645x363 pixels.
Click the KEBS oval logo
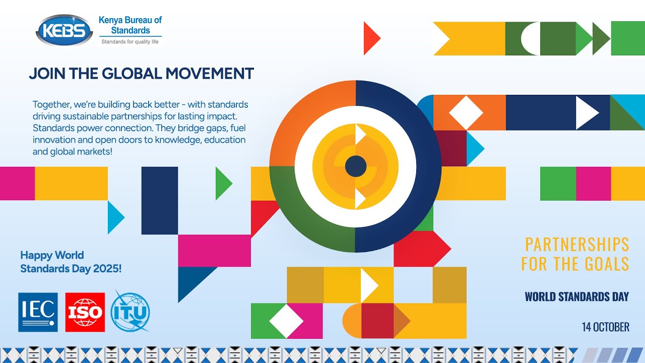click(x=64, y=30)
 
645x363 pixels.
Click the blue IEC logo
click(x=38, y=312)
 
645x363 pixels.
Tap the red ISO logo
click(x=85, y=312)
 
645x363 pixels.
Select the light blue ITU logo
click(x=130, y=311)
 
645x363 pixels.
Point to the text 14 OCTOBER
click(x=605, y=327)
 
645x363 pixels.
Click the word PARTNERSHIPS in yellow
click(x=577, y=245)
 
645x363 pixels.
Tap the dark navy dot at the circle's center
click(x=356, y=166)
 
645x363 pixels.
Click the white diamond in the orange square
click(x=466, y=112)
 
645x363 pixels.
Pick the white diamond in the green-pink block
click(x=286, y=321)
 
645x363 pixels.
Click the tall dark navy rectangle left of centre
click(x=160, y=200)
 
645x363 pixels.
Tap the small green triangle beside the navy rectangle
click(x=222, y=184)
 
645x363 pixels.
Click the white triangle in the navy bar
click(x=586, y=112)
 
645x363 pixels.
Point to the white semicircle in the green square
click(x=531, y=38)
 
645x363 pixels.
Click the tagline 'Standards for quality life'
click(x=130, y=41)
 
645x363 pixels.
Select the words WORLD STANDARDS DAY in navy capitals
click(x=576, y=296)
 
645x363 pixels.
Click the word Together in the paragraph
click(x=51, y=105)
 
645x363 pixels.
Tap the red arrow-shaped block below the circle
click(x=421, y=249)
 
